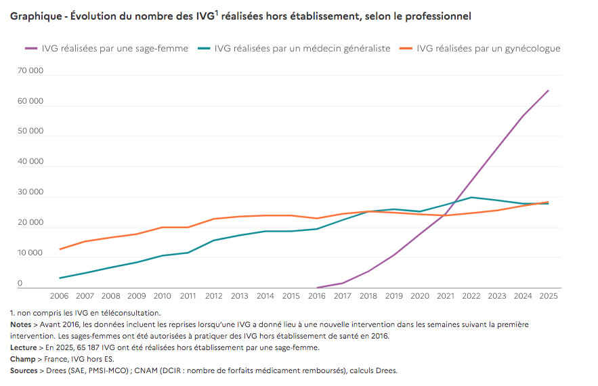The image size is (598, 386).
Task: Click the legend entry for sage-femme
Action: coord(106,49)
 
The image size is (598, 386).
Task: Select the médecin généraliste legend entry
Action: coord(294,49)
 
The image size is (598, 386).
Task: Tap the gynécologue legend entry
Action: coord(479,49)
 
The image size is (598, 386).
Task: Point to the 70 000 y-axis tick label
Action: coord(30,70)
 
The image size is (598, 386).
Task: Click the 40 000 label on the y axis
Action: coord(30,161)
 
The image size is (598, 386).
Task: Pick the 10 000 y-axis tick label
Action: coord(30,253)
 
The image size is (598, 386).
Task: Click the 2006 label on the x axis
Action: coord(59,296)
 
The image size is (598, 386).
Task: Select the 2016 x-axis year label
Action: coord(316,296)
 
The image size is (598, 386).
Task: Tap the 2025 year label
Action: coord(549,296)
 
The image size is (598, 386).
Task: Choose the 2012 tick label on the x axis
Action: coord(213,296)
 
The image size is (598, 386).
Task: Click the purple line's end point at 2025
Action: coord(549,90)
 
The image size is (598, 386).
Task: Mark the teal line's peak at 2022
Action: coord(471,197)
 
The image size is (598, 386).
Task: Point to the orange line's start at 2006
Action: coord(60,249)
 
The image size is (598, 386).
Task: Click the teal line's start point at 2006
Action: coord(60,278)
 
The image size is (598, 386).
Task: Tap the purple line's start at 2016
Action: coord(317,288)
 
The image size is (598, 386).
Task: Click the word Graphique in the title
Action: coord(36,16)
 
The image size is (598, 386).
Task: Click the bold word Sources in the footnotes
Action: coord(24,370)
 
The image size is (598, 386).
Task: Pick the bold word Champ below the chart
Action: coord(22,360)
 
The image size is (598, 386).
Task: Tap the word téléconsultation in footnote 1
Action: coord(129,313)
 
